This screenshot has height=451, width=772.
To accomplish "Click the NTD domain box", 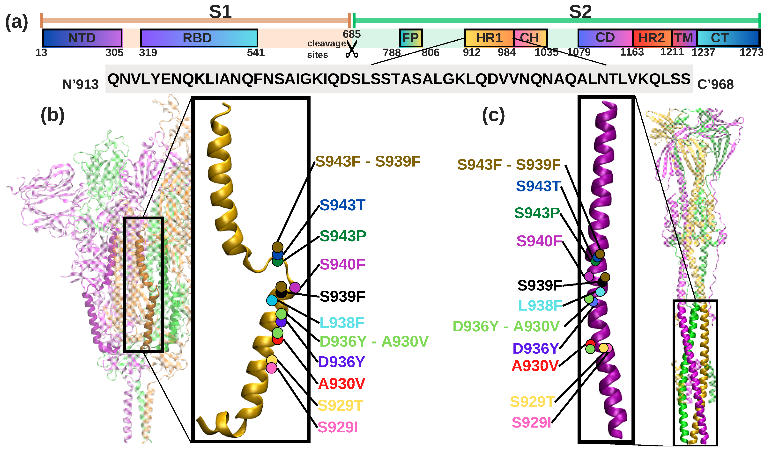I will click(82, 38).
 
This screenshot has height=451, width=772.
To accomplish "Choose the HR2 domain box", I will click(652, 38).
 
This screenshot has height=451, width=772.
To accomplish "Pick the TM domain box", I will click(684, 38).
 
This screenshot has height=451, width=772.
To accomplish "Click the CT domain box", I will click(728, 38).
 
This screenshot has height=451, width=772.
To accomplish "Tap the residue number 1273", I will click(751, 52).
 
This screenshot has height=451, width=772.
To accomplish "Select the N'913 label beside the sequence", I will click(80, 85).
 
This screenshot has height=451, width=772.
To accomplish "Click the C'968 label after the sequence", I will click(715, 85).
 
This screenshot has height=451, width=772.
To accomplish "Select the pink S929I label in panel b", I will click(338, 427).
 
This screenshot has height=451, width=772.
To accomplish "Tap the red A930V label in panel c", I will click(535, 366).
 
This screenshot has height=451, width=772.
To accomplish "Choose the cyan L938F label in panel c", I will click(540, 305).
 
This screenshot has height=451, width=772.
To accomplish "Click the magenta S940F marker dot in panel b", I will click(295, 288).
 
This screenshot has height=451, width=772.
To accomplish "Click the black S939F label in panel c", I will click(540, 285).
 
